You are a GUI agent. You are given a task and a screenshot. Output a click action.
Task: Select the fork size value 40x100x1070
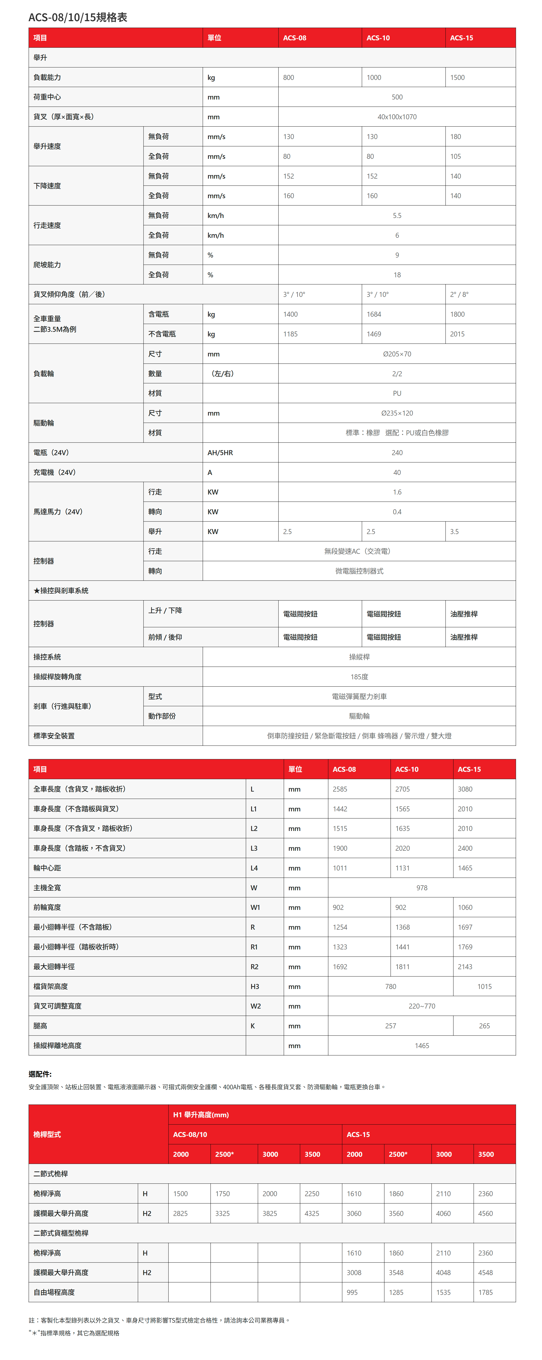(397, 117)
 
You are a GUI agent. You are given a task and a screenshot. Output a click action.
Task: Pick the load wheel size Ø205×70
(397, 354)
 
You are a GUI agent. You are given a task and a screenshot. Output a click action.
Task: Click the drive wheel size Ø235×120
(397, 413)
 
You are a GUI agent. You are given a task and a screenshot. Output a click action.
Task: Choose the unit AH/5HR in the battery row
(220, 453)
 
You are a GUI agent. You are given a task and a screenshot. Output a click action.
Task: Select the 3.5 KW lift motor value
(454, 532)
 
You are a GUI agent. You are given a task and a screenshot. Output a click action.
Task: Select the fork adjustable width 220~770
(422, 1006)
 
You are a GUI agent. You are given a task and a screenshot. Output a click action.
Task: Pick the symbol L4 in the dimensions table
(254, 868)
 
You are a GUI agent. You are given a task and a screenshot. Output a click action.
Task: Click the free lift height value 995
(352, 1292)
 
